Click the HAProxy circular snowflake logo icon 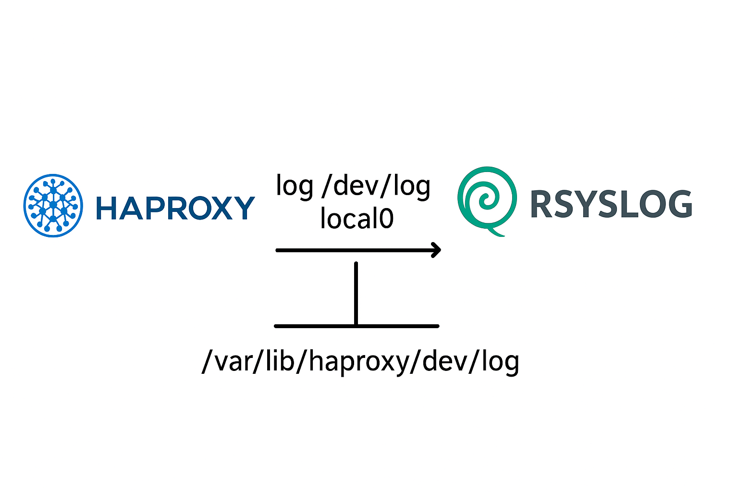(53, 206)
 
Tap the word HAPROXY (175, 208)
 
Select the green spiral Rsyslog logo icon (487, 199)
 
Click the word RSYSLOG (611, 204)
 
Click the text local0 (357, 218)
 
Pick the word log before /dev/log (295, 186)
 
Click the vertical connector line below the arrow (356, 293)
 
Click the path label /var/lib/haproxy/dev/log (360, 361)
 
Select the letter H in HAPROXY (106, 208)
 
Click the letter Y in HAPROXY (243, 208)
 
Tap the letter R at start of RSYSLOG (542, 204)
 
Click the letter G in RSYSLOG (678, 204)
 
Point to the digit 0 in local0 (386, 218)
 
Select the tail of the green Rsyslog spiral (497, 234)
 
